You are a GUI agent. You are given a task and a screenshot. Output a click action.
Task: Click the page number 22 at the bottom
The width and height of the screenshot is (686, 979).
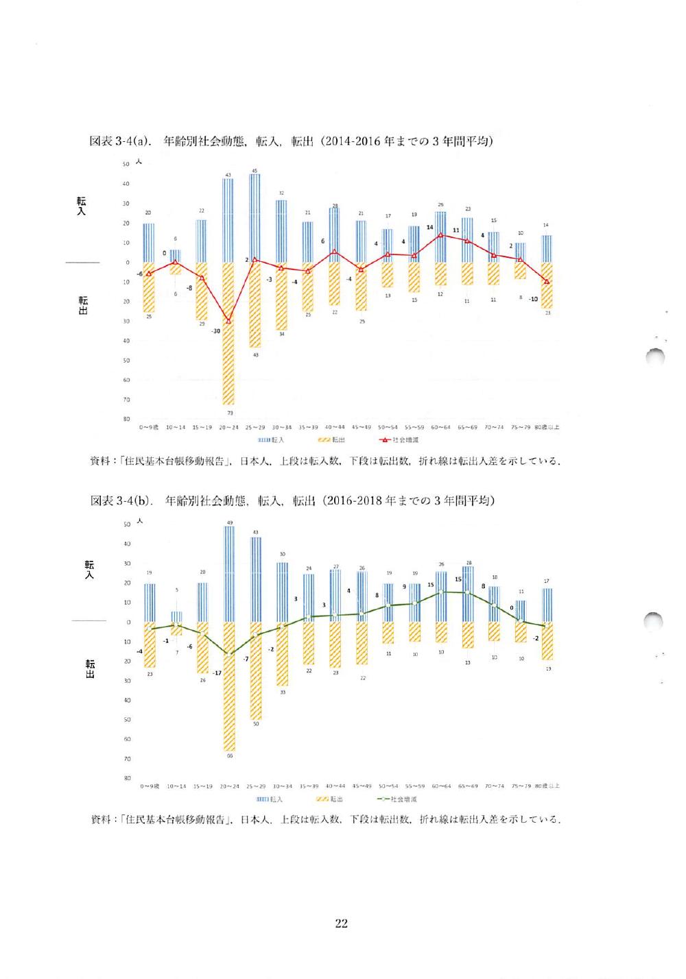(341, 923)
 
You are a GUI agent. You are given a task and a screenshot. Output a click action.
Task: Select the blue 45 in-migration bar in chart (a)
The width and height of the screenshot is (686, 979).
(255, 218)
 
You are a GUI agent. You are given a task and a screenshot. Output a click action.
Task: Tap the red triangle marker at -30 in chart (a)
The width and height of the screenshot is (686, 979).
(228, 320)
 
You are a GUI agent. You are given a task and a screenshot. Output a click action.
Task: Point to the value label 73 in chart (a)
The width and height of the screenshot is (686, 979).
(229, 413)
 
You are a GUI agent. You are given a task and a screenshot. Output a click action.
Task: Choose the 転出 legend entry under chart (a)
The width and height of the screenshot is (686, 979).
(333, 439)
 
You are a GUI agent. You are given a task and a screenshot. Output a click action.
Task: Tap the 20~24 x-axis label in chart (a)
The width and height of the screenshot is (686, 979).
(228, 427)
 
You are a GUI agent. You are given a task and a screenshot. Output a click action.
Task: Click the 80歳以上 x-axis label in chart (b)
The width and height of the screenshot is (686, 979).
(548, 786)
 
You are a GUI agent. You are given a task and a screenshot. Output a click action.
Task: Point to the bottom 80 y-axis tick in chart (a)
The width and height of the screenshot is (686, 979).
(126, 419)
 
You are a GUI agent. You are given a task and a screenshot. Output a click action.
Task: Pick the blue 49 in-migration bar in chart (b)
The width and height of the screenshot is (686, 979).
(228, 575)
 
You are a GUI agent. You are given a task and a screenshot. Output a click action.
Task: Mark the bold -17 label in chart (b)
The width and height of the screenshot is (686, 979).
(217, 673)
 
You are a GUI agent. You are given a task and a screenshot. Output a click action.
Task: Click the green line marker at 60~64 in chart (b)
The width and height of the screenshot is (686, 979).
(441, 592)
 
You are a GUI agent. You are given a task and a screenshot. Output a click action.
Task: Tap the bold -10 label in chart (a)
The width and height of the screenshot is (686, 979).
(533, 299)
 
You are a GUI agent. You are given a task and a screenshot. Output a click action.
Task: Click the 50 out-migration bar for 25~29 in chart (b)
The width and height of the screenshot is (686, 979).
(255, 670)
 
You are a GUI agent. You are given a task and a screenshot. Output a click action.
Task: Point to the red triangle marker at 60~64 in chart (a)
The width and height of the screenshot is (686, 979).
(441, 235)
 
